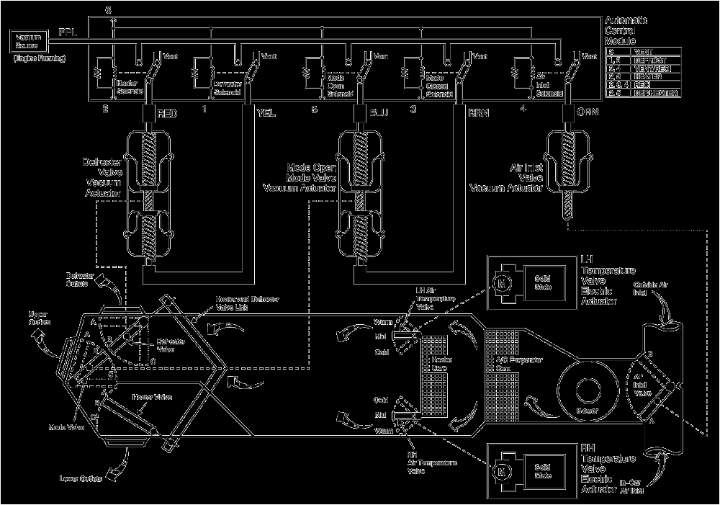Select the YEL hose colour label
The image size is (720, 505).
click(267, 113)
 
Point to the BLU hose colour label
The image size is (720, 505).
click(379, 113)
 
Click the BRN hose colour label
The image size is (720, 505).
click(479, 113)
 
